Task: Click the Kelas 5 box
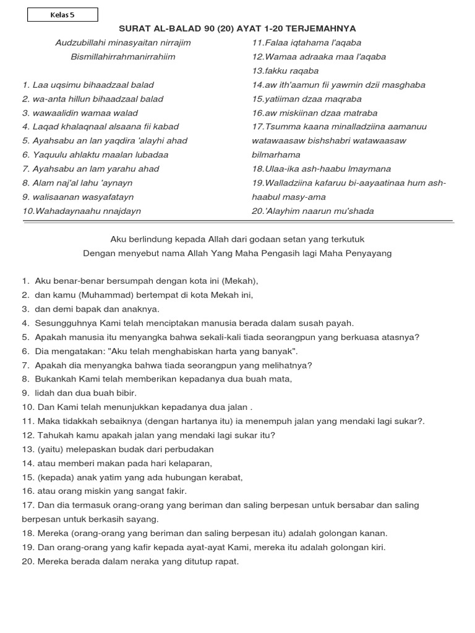pyautogui.click(x=62, y=15)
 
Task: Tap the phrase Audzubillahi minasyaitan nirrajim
pyautogui.click(x=123, y=43)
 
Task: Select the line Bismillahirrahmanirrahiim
pyautogui.click(x=123, y=57)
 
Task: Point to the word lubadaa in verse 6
pyautogui.click(x=153, y=155)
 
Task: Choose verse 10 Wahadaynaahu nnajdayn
pyautogui.click(x=82, y=211)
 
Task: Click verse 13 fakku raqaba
pyautogui.click(x=285, y=70)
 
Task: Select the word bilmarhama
pyautogui.click(x=276, y=155)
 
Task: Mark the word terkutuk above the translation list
pyautogui.click(x=348, y=239)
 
